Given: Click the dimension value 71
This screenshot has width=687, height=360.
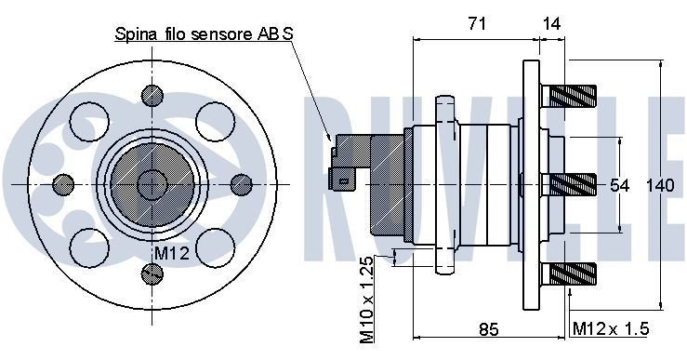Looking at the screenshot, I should [475, 25].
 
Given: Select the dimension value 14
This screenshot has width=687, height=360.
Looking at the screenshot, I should [553, 25].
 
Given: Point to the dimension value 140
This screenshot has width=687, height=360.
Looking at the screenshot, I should [658, 185].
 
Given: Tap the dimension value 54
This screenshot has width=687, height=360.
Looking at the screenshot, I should [620, 185].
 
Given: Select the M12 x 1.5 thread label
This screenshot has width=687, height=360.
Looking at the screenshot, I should [610, 328].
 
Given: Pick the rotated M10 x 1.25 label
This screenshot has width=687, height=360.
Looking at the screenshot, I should [367, 297].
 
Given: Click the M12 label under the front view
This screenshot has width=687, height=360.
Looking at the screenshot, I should [171, 253].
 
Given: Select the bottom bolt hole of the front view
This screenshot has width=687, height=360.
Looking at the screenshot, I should [152, 273].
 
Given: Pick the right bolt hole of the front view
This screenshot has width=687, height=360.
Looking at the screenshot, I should [241, 183].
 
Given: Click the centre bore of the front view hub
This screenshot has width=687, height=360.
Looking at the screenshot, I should [151, 183].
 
